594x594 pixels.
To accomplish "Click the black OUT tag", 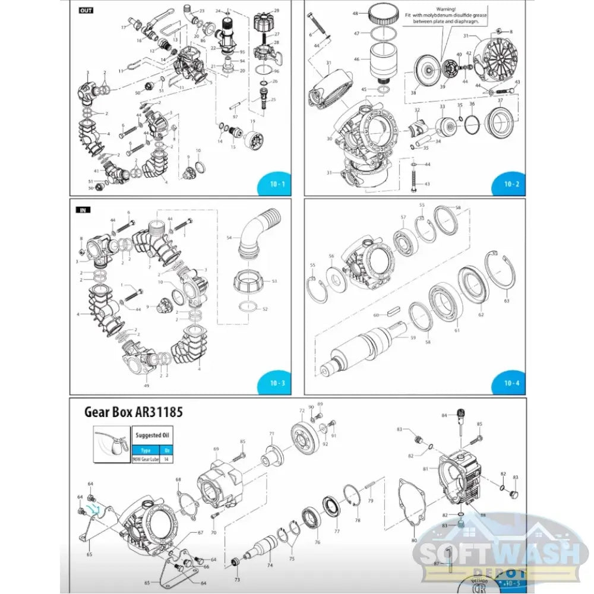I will pyautogui.click(x=86, y=10).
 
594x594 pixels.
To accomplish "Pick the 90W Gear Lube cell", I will pyautogui.click(x=146, y=459).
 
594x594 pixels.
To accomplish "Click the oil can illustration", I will pyautogui.click(x=112, y=443).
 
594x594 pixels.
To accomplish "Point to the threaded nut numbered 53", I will pyautogui.click(x=247, y=280).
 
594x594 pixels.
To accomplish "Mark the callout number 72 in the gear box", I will pyautogui.click(x=302, y=410).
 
